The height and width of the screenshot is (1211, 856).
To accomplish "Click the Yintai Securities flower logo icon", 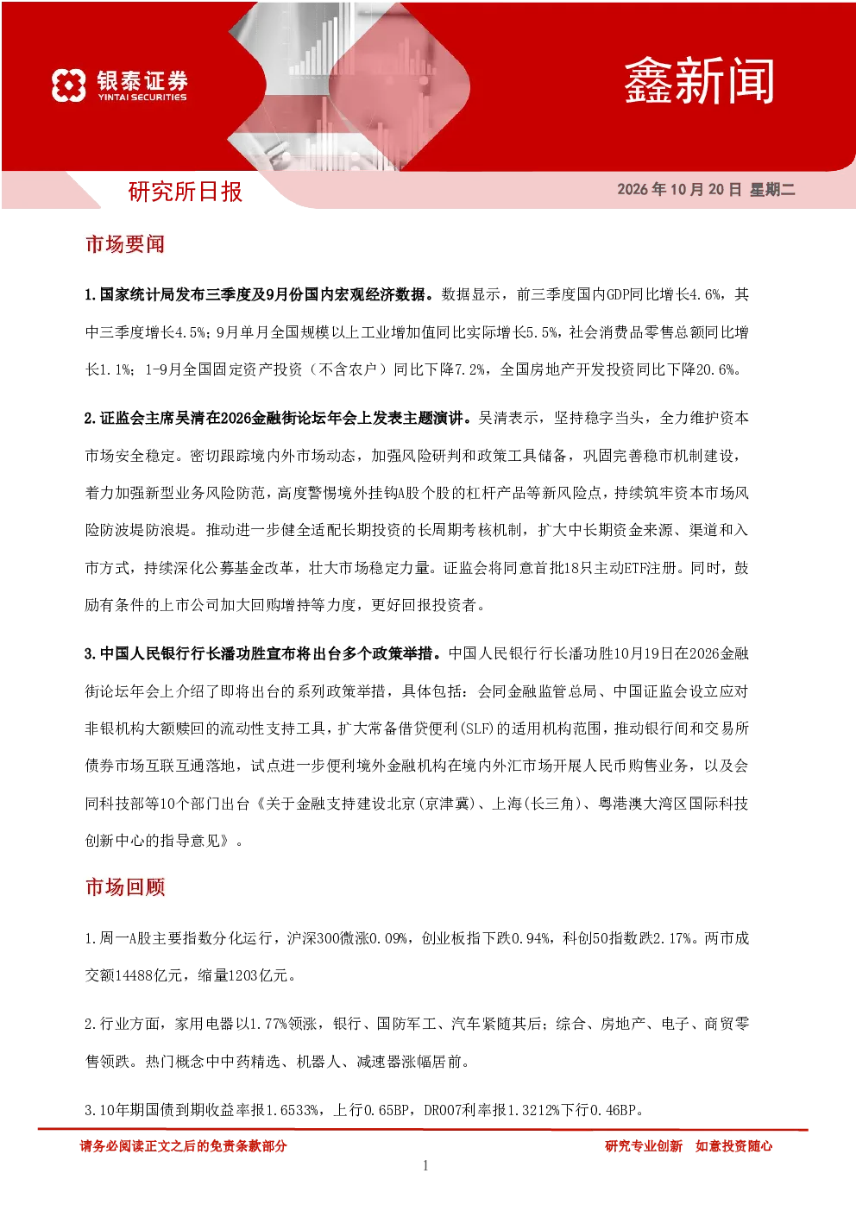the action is (69, 85).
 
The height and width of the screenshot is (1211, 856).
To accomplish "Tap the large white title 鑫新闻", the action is (699, 81).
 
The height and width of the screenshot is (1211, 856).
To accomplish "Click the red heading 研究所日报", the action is (185, 192).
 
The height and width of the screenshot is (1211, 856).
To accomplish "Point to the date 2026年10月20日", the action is (679, 189).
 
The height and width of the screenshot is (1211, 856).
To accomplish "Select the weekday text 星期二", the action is (772, 189).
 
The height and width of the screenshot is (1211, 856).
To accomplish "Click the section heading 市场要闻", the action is (125, 244).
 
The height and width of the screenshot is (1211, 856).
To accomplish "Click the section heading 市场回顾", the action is (125, 887).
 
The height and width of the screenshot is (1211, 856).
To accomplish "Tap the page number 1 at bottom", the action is (425, 1165).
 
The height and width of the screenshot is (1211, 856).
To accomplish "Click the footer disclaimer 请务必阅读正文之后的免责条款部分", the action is (183, 1145).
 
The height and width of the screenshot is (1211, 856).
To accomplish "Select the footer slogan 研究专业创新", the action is (644, 1145).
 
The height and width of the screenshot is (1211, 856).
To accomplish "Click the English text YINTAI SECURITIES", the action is (142, 98).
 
